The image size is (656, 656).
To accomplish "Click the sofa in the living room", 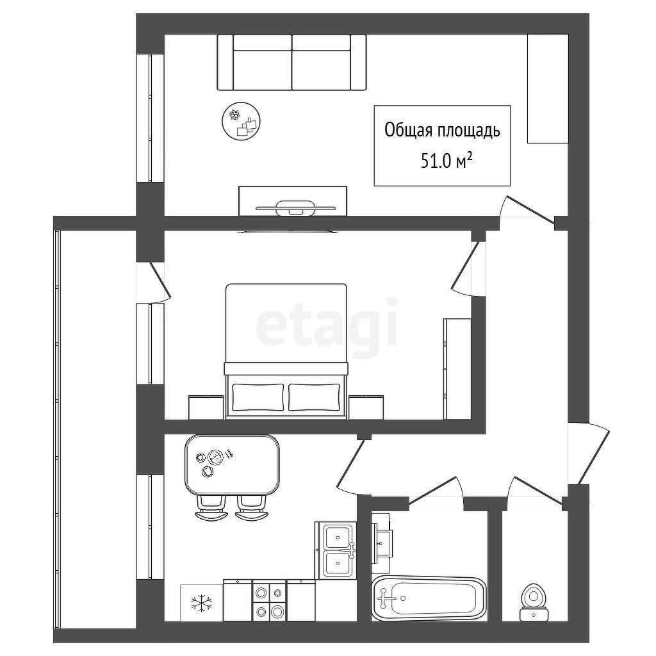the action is coord(291,62).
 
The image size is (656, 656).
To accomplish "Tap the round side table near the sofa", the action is coord(241,121).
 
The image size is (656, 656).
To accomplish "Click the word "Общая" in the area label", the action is coord(409,130).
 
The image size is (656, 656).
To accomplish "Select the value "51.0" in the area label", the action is coord(437,161).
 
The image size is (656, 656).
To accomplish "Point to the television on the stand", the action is coord(296,208).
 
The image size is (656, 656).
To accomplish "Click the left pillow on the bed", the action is coord(258,397).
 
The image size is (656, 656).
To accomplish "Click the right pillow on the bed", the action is coord(314,397).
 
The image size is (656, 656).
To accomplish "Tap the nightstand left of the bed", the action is coord(206,407).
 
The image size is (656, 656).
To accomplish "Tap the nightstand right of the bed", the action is coord(366,407).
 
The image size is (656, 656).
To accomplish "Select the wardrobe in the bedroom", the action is coord(457,368).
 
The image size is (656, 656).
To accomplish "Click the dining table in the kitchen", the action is coord(232,464).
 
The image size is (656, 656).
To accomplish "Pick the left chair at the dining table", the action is coord(212,507).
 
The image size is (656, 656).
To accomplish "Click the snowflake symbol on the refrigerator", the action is coord(202,603).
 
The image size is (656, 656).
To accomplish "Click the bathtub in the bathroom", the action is coord(429,598).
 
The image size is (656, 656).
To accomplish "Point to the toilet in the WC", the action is coord(534,602).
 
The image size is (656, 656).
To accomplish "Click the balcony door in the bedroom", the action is coord(154,282).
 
